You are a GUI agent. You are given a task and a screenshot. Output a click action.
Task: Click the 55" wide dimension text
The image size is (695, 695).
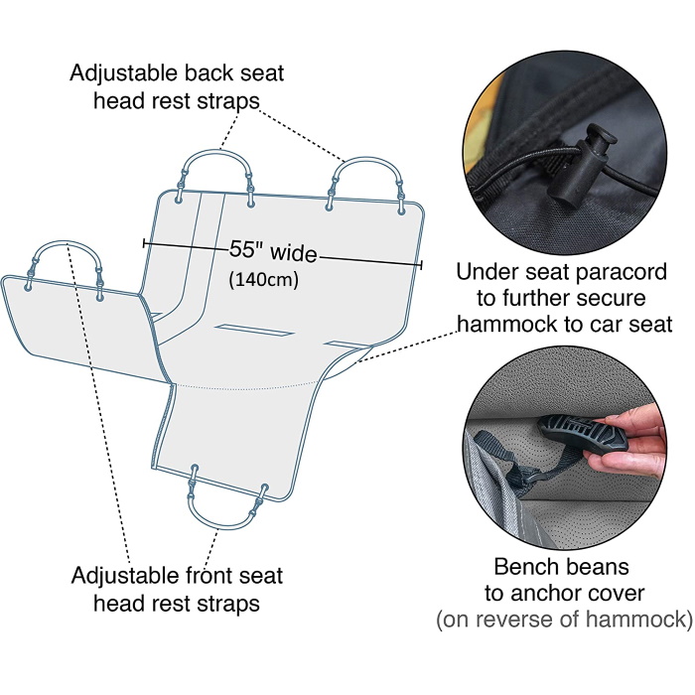pos(273,251)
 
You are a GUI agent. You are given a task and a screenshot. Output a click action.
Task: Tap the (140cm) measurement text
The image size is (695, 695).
pos(264,280)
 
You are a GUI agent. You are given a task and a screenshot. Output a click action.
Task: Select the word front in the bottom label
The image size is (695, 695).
pos(208,575)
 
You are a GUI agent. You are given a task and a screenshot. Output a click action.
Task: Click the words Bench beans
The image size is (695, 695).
pos(561,567)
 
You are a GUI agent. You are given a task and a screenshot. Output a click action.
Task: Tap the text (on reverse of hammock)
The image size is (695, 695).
pos(564,619)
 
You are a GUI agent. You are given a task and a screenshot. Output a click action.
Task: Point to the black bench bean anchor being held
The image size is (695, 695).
pos(584,434)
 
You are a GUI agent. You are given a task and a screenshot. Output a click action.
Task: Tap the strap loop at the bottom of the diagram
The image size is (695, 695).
pos(227,498)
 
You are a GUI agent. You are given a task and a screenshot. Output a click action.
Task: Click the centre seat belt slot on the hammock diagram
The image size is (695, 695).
pos(254,331)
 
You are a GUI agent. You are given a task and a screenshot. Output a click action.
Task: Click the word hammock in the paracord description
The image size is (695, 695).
pos(506,325)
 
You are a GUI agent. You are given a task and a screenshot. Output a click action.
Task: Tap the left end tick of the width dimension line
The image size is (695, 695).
pos(144,243)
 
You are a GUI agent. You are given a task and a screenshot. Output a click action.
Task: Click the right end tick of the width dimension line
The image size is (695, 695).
pos(422,265)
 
